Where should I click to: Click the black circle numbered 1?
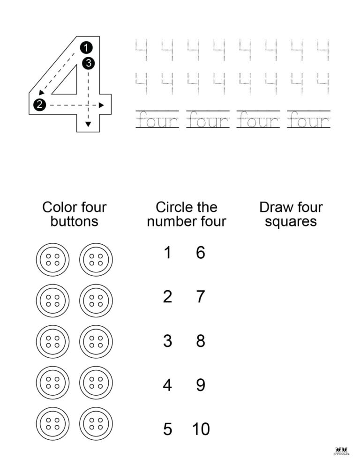[86, 47]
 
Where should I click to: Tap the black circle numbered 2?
[40, 105]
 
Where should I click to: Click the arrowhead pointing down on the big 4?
[88, 124]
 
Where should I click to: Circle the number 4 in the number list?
[167, 385]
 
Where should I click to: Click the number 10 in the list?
[201, 429]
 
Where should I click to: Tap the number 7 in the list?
[201, 297]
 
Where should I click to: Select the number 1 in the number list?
[167, 253]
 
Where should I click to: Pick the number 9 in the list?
[201, 385]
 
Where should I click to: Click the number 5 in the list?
[167, 429]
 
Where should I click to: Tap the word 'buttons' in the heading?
[75, 221]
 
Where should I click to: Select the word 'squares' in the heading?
[291, 221]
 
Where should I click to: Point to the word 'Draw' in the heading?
[275, 207]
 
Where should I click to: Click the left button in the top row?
[52, 259]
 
